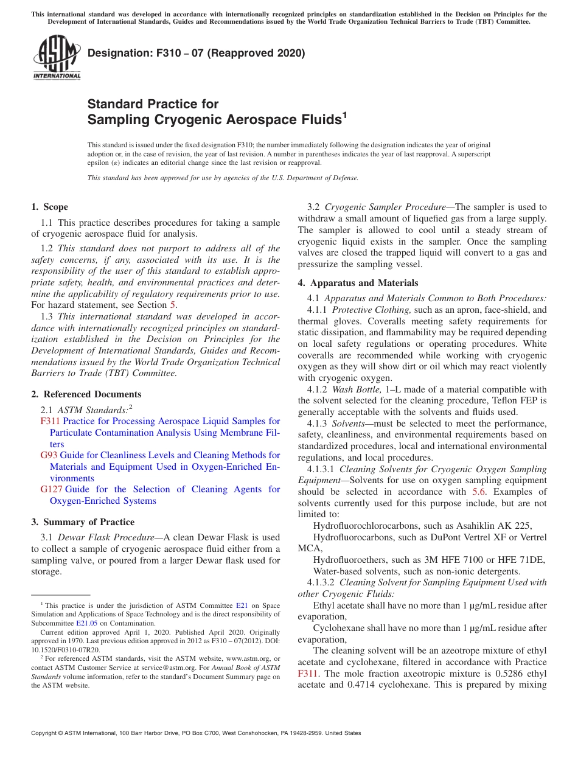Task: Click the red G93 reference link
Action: point(49,455)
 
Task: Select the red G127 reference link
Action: point(52,489)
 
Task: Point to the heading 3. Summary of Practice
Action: point(83,522)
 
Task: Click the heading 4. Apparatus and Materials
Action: point(358,282)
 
